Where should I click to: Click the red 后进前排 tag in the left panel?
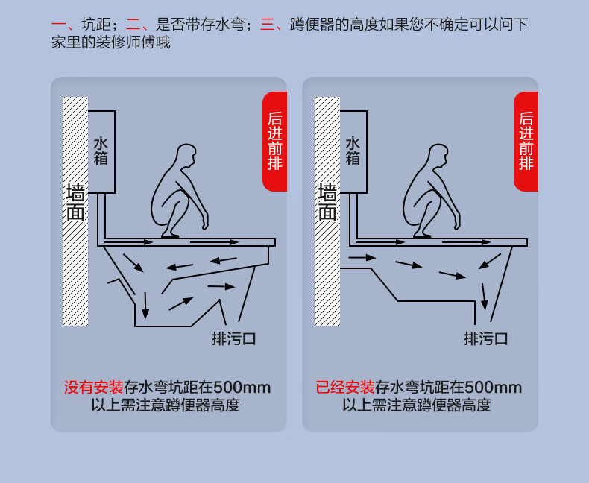click(275, 141)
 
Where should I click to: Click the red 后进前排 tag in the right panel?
click(526, 141)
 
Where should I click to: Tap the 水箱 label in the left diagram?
click(101, 151)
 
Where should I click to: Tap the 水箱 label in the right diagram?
click(353, 151)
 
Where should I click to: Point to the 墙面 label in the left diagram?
click(75, 202)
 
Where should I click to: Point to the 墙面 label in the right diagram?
click(327, 202)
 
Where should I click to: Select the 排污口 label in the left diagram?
click(234, 339)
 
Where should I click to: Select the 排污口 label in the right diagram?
click(486, 339)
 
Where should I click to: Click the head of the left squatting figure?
click(186, 155)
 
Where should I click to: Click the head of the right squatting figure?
click(438, 155)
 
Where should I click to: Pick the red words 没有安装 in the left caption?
click(93, 388)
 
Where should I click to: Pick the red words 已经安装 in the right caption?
click(345, 388)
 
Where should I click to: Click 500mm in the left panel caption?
click(242, 388)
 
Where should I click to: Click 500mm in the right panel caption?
click(494, 388)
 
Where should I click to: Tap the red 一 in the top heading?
click(59, 25)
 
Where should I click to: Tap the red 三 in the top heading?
click(268, 25)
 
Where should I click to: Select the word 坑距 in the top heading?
click(96, 25)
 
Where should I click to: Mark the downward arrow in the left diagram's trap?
click(145, 306)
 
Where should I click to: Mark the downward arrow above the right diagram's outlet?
click(485, 297)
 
